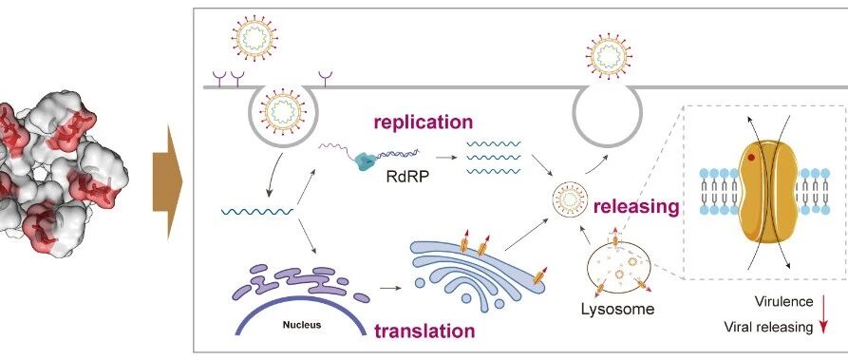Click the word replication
(x=424, y=122)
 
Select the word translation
(x=424, y=331)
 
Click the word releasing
(x=636, y=206)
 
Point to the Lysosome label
(x=617, y=310)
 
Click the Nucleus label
(x=302, y=326)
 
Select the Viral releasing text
(x=768, y=327)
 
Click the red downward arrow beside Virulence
(x=824, y=313)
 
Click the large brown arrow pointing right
(x=168, y=182)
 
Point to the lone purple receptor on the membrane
(x=325, y=79)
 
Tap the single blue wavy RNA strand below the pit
(x=257, y=211)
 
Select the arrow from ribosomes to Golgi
(x=391, y=288)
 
